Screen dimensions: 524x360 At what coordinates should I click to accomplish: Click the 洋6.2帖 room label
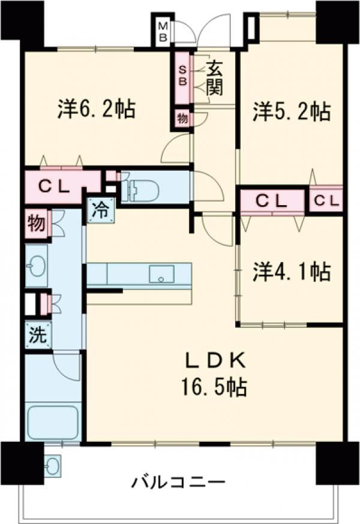(x=96, y=109)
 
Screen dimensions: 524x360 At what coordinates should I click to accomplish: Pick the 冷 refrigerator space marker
(x=100, y=210)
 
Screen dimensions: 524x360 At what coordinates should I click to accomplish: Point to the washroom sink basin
(x=36, y=266)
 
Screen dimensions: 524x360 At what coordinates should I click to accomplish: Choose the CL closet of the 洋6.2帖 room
(x=55, y=186)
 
